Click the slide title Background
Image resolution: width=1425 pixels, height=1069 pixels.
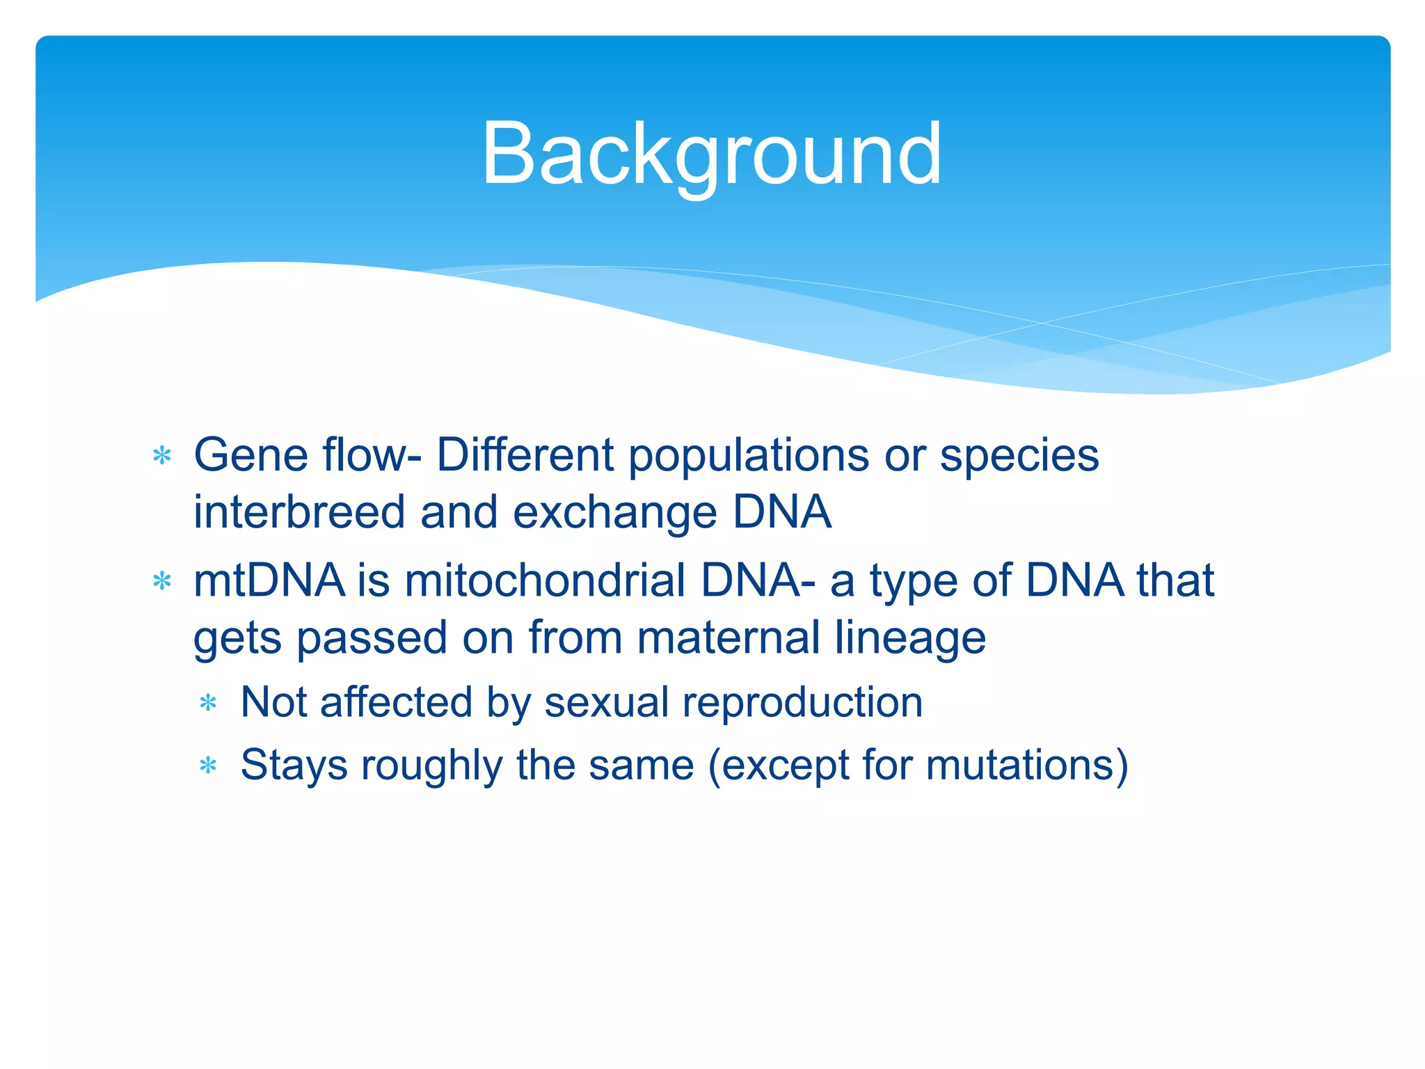coord(711,155)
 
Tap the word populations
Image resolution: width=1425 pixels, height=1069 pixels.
coord(749,456)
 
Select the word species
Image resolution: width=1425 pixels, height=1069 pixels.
coord(1019,456)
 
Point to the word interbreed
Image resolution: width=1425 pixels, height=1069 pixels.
coord(298,512)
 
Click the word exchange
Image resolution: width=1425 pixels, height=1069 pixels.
coord(614,512)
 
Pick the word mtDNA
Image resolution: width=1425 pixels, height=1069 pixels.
coord(269,580)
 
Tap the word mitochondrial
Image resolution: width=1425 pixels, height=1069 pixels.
coord(545,580)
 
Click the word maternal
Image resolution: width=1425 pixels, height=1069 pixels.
coord(729,638)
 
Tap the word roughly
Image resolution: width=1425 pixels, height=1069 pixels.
coord(431,766)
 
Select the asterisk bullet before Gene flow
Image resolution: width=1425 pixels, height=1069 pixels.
coord(162,457)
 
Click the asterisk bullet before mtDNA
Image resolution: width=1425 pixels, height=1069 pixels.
coord(162,581)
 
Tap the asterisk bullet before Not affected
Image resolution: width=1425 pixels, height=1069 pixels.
coord(208,704)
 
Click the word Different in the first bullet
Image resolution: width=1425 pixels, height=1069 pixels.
coord(525,456)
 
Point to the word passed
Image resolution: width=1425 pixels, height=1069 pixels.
coord(372,638)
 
